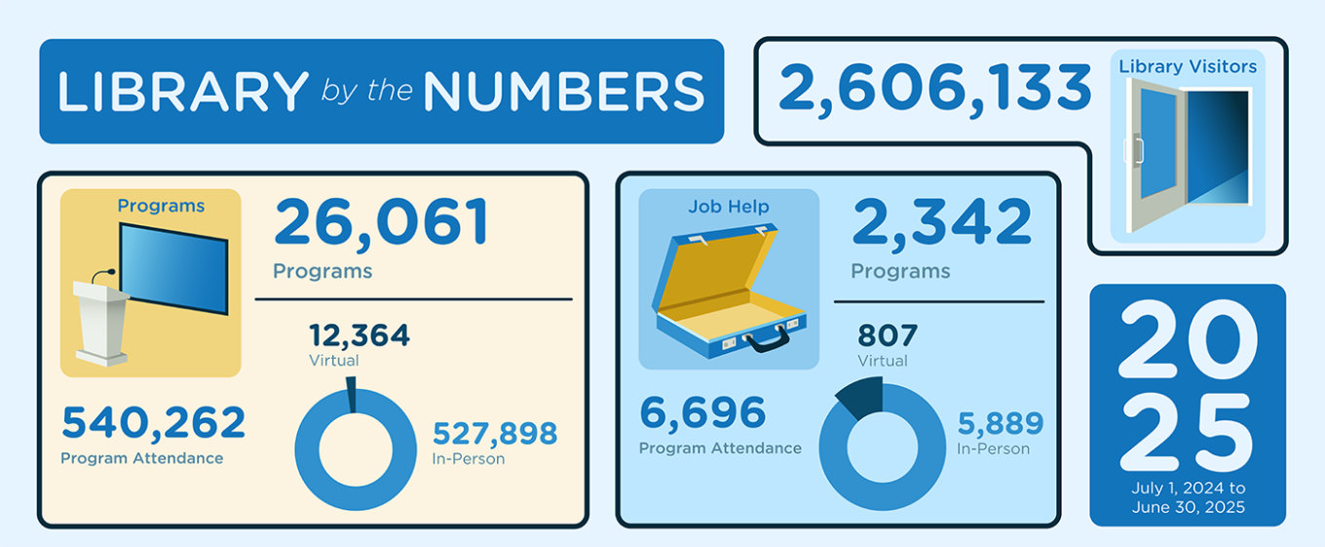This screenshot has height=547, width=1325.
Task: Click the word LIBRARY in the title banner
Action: tap(183, 92)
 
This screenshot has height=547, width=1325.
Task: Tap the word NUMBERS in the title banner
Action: tap(563, 92)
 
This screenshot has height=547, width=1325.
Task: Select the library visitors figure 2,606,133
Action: tap(934, 89)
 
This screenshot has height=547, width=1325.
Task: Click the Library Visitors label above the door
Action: tap(1188, 67)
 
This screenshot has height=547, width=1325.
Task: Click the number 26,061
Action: tap(381, 222)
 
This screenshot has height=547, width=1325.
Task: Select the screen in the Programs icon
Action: tap(173, 267)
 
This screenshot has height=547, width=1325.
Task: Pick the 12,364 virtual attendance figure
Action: tap(360, 335)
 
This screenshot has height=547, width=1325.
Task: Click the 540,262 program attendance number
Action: tap(154, 423)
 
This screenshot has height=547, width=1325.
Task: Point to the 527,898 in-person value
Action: tap(495, 433)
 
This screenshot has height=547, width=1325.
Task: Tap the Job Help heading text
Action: tap(729, 207)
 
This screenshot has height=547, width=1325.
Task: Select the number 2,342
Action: tap(941, 222)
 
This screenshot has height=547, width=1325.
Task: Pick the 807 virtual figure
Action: tap(888, 335)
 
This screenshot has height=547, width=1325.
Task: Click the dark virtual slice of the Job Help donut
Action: tap(861, 400)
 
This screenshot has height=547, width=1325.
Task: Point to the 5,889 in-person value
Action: tap(1000, 423)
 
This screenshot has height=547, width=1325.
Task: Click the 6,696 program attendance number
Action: tap(702, 413)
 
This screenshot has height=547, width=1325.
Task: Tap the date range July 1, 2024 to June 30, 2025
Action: tap(1188, 497)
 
